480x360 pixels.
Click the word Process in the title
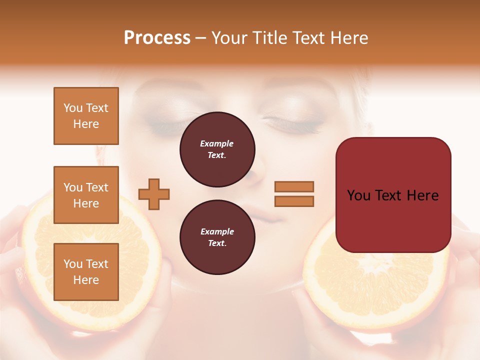(x=157, y=38)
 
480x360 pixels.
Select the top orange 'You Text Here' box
(x=86, y=116)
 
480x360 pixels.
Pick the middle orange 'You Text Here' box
(x=86, y=195)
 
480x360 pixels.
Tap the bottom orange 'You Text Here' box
(x=86, y=271)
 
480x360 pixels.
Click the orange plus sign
(x=154, y=194)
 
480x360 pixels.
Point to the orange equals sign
(x=294, y=194)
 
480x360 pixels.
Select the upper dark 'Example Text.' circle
(x=217, y=149)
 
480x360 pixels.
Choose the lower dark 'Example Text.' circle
(x=217, y=237)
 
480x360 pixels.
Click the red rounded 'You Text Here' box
(x=393, y=195)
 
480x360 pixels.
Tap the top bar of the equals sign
(x=294, y=186)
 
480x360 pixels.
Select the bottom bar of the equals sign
(x=294, y=201)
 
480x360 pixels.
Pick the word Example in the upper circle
(x=217, y=143)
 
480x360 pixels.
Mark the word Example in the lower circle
(x=217, y=231)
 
